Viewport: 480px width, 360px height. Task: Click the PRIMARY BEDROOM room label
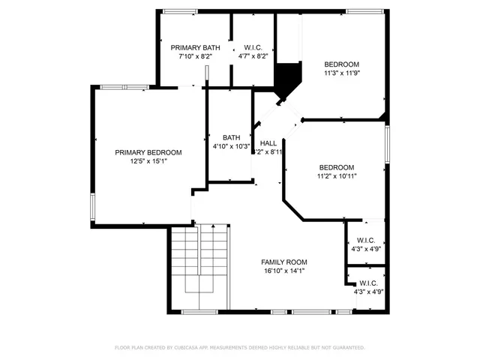click(148, 152)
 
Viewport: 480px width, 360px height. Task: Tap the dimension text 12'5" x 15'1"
click(148, 161)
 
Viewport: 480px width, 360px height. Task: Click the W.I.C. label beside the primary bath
click(252, 46)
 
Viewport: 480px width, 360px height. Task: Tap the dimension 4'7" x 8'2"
click(252, 55)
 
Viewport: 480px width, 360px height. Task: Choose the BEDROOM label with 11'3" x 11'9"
click(341, 64)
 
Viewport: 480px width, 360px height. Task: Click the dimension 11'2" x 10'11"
click(336, 176)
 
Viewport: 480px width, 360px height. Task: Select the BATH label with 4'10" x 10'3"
click(231, 137)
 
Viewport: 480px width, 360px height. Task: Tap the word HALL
click(268, 143)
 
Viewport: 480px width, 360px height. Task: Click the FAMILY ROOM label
click(284, 262)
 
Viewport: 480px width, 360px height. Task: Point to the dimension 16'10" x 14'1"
click(284, 271)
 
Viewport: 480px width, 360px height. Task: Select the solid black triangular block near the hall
click(287, 78)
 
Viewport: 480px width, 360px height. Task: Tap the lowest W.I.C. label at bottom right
click(367, 283)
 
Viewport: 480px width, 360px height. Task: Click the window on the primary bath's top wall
click(181, 10)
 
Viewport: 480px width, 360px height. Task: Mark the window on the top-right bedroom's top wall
click(364, 10)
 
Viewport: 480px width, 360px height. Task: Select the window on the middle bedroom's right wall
click(388, 142)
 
